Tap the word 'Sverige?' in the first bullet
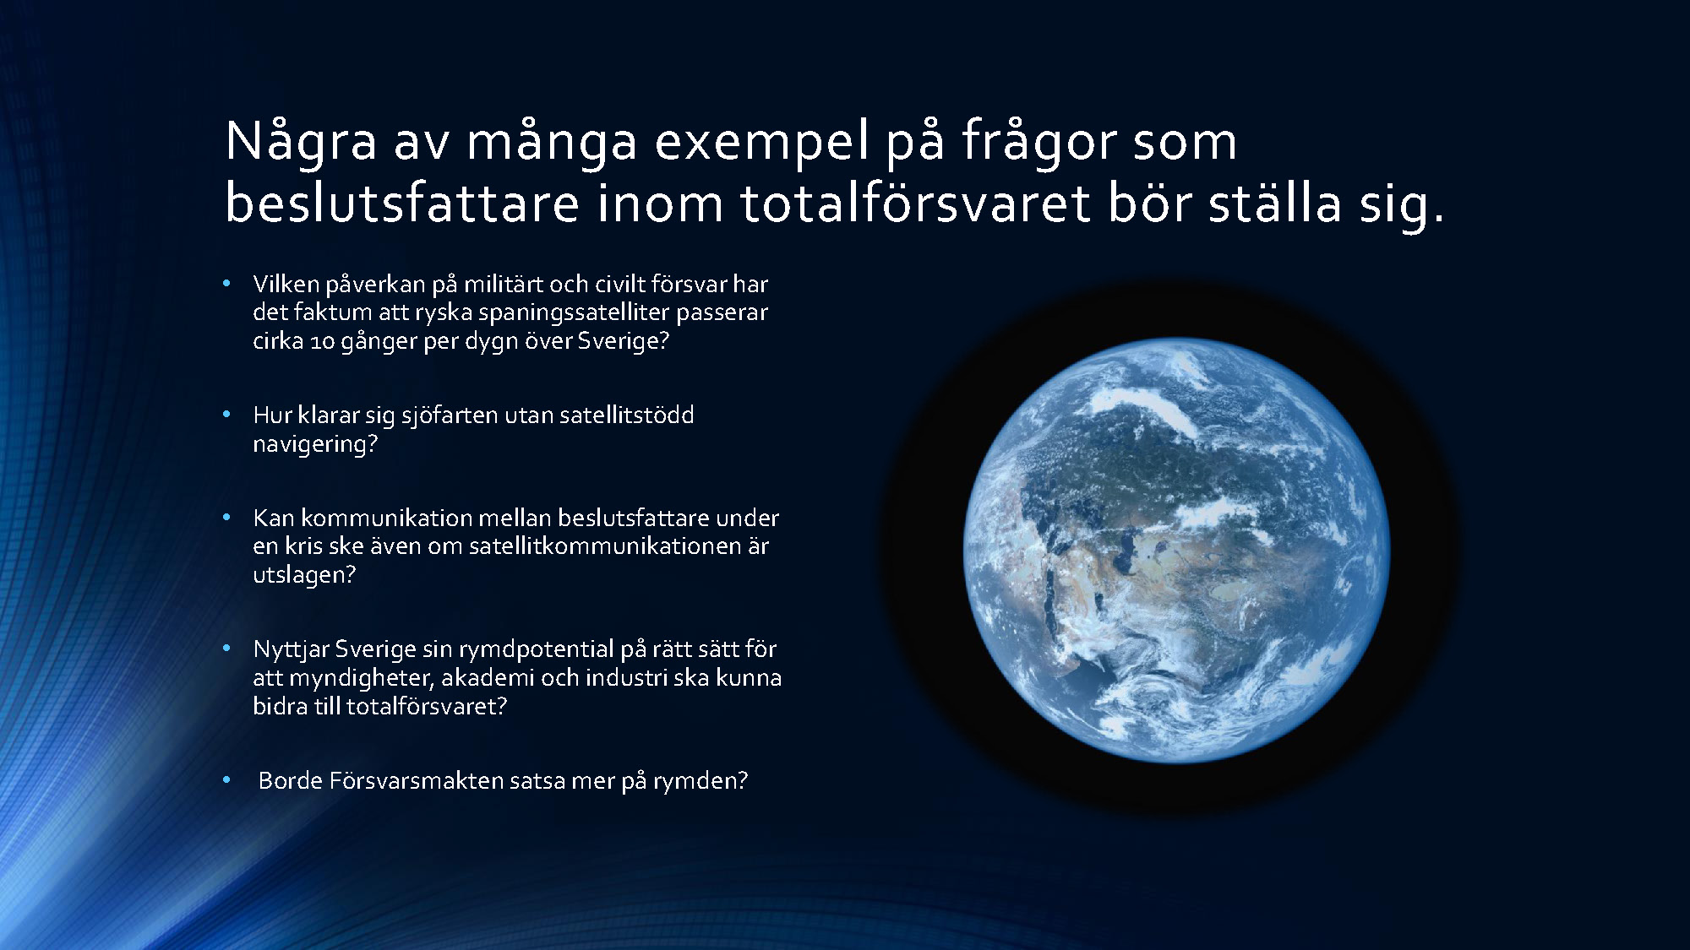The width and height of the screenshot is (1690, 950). [623, 342]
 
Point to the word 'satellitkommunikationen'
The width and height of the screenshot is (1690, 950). [603, 546]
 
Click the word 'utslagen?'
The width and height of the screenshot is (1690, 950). [304, 576]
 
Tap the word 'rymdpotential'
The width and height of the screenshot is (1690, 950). [537, 650]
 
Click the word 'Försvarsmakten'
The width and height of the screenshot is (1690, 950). [417, 780]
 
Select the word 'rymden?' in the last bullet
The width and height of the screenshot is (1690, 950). [701, 782]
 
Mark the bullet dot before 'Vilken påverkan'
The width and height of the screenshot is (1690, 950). [226, 285]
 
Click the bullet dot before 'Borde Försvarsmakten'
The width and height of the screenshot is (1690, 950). [226, 781]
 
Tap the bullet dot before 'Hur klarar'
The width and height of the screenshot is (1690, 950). [226, 415]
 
